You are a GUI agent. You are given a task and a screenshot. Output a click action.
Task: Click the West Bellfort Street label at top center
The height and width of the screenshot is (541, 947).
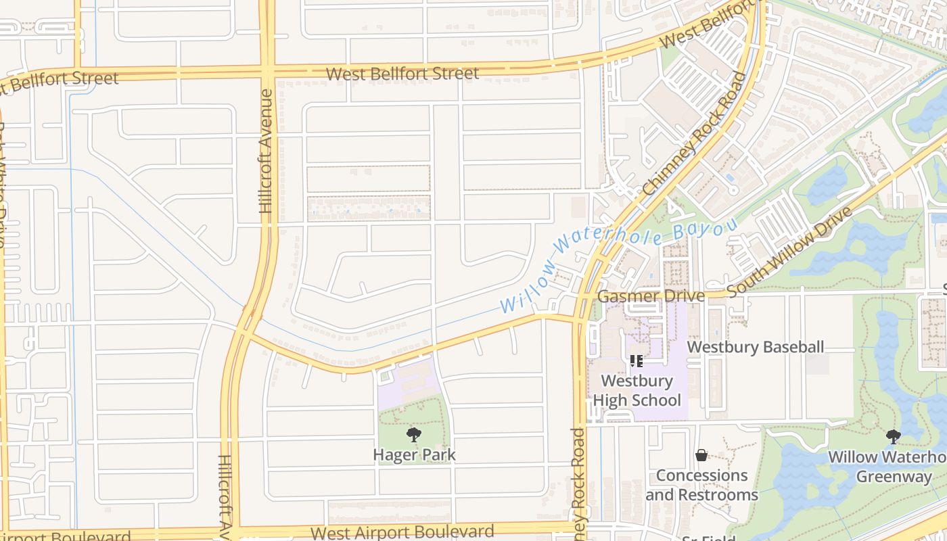point(402,74)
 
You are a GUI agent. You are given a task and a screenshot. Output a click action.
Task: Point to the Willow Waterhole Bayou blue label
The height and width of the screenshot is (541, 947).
point(618,264)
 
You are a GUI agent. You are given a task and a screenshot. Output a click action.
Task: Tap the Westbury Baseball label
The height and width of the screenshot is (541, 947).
point(756,348)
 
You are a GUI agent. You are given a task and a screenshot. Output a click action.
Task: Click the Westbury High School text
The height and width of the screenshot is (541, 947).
point(637,390)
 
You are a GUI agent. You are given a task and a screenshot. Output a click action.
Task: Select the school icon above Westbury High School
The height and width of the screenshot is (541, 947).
point(636,361)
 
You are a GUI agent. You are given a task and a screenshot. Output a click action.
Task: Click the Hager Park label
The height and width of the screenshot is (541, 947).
point(414,454)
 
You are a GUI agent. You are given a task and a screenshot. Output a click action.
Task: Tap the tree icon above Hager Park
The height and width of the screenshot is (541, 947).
point(414,435)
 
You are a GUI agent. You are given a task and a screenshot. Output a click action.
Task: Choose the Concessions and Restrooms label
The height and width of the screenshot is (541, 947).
point(701,485)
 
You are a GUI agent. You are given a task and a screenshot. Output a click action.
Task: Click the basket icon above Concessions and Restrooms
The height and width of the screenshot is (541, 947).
point(701,456)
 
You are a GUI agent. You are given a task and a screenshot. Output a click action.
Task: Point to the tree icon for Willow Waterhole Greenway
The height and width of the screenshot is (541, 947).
point(894,437)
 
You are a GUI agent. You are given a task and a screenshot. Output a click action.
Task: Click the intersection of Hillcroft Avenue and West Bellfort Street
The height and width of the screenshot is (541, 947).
point(268,70)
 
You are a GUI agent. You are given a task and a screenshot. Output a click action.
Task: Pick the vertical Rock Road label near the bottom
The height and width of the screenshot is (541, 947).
point(578,480)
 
